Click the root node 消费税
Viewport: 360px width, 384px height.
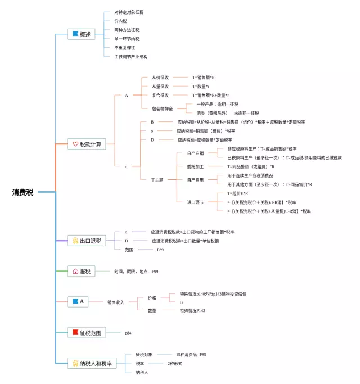23,192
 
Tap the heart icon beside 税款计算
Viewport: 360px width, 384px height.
75,144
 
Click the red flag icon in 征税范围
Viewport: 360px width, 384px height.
75,333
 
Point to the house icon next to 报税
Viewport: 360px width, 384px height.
75,272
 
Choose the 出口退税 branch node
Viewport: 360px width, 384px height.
86,241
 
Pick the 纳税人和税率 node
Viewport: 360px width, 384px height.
90,364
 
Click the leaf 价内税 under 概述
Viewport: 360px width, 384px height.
120,21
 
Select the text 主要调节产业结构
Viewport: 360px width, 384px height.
131,57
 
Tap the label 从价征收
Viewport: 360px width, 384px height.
160,78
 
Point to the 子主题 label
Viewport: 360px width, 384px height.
157,180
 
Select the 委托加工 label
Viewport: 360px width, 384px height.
195,166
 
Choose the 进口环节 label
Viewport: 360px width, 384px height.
195,202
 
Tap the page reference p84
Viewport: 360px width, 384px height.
128,333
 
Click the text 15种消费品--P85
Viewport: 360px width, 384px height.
191,355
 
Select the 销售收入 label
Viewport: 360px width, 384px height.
116,302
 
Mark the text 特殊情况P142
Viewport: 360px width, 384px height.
192,310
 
